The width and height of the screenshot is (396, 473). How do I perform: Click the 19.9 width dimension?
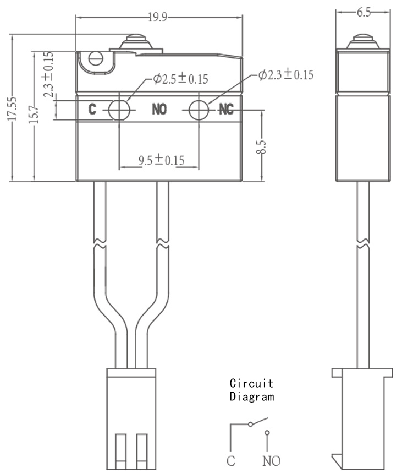click(157, 18)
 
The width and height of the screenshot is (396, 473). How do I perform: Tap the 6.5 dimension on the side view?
click(364, 12)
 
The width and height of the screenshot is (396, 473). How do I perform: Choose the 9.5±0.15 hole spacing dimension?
click(162, 160)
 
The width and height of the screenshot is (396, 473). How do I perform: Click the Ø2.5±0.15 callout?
click(180, 79)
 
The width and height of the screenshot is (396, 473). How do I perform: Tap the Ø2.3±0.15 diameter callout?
click(286, 74)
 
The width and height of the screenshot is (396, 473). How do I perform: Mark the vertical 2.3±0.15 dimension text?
click(48, 74)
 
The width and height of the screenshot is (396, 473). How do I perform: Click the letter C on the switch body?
click(92, 109)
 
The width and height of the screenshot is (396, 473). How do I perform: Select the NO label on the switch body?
click(159, 109)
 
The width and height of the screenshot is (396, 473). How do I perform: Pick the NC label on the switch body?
click(227, 109)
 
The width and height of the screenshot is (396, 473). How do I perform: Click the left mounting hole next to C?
click(119, 110)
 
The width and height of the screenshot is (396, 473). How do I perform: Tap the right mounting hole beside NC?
click(199, 110)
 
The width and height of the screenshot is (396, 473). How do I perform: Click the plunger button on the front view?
click(136, 42)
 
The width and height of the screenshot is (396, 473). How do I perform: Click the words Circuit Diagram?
click(252, 390)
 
